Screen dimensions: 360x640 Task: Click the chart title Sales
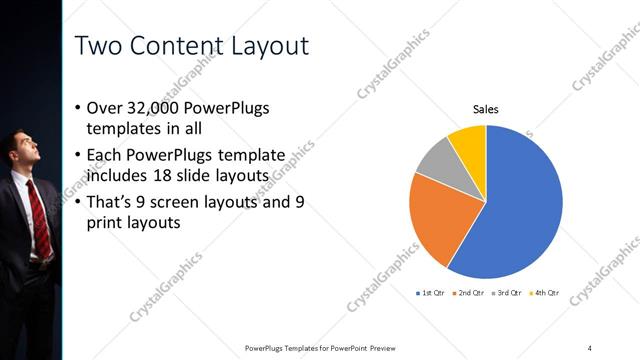pos(485,109)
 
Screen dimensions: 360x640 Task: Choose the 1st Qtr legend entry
pos(430,293)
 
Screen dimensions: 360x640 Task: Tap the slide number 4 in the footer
pos(590,347)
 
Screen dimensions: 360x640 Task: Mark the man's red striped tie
pos(39,215)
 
